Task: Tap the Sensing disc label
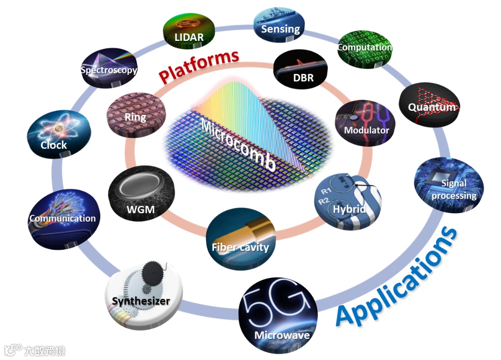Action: pyautogui.click(x=280, y=29)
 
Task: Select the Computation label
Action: pyautogui.click(x=364, y=48)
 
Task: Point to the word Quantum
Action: pyautogui.click(x=432, y=107)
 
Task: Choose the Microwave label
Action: pyautogui.click(x=282, y=335)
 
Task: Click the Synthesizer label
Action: pyautogui.click(x=141, y=300)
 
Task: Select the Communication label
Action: pyautogui.click(x=63, y=218)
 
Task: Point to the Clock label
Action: pyautogui.click(x=54, y=145)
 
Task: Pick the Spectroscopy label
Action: pyautogui.click(x=109, y=70)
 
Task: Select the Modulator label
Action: pyautogui.click(x=366, y=131)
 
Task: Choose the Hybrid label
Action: pyautogui.click(x=349, y=209)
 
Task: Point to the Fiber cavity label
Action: pyautogui.click(x=240, y=247)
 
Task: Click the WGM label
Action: pyautogui.click(x=140, y=210)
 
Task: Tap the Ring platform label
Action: pyautogui.click(x=135, y=117)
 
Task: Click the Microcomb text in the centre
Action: pyautogui.click(x=238, y=146)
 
